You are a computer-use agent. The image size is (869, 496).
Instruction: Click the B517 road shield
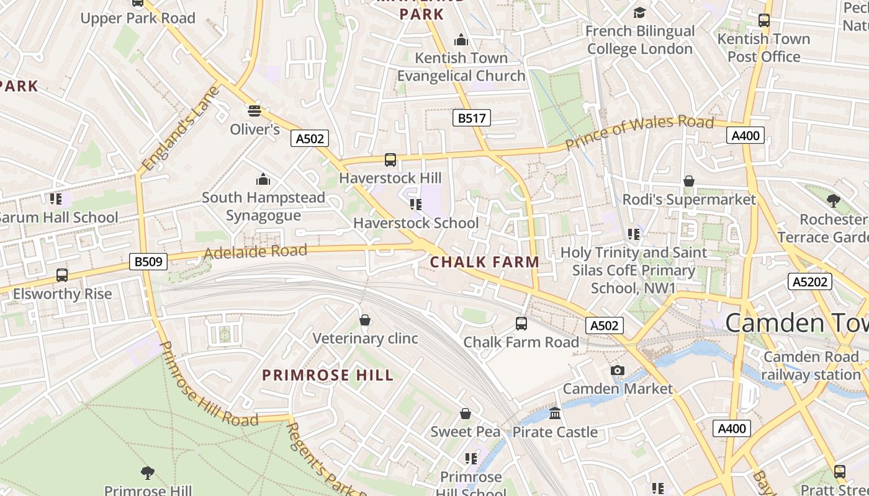(x=471, y=118)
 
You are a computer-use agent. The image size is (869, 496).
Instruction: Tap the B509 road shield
(x=149, y=262)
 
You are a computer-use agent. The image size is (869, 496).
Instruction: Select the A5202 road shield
(x=810, y=281)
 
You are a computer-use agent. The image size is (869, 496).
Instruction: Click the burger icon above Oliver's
(x=254, y=111)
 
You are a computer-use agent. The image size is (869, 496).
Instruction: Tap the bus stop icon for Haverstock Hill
(x=390, y=160)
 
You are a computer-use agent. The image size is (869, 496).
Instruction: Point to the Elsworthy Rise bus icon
(x=62, y=275)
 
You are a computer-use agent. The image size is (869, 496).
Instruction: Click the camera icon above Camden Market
(x=617, y=370)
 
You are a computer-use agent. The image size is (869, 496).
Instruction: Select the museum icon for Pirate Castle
(x=555, y=413)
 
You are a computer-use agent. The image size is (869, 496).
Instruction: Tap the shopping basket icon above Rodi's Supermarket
(x=688, y=181)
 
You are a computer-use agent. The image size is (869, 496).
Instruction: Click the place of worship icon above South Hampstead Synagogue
(x=263, y=179)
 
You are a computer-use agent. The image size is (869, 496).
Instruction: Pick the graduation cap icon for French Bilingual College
(x=639, y=12)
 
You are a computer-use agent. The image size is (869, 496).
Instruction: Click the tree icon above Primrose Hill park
(x=147, y=473)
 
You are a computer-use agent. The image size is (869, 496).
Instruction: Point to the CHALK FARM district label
(x=485, y=262)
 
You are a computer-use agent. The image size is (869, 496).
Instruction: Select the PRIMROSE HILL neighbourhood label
(x=328, y=375)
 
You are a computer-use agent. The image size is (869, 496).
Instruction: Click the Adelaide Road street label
(x=255, y=252)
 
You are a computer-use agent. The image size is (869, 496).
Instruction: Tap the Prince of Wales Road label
(x=639, y=132)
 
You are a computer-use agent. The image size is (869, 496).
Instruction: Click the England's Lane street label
(x=181, y=129)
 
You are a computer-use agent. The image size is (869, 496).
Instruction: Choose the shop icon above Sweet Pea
(x=466, y=414)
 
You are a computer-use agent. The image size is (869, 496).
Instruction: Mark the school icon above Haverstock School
(x=416, y=204)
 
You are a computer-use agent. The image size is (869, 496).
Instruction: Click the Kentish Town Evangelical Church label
(x=461, y=67)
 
